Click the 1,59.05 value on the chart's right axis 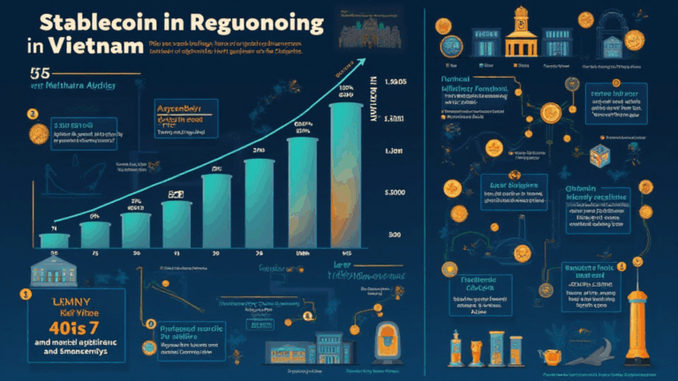coord(392,83)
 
